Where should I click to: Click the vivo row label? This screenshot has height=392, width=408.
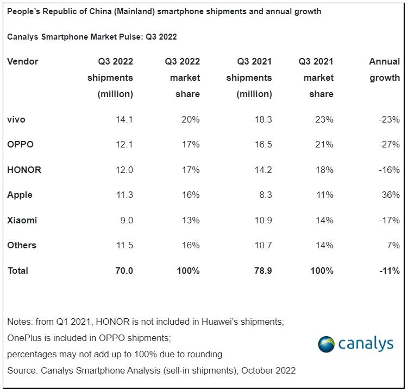coord(16,119)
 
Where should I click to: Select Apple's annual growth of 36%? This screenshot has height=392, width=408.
coord(391,195)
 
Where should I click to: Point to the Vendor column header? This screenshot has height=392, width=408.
coord(23,61)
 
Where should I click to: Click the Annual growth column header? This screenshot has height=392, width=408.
coord(384,69)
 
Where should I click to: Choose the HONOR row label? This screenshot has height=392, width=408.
coord(24,170)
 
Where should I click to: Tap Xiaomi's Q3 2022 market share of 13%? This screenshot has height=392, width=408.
coord(191,220)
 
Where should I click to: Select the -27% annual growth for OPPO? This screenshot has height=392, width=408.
coord(390,145)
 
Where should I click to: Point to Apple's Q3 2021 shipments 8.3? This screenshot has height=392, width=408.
coord(265,195)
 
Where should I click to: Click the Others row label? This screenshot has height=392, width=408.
coord(22,245)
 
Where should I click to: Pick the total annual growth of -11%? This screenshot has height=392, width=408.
coord(390,271)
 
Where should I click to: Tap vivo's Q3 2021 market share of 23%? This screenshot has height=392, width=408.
coord(324,119)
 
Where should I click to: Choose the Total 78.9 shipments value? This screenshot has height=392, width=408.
coord(262,271)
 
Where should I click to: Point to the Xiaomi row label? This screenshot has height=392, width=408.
coord(22,220)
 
